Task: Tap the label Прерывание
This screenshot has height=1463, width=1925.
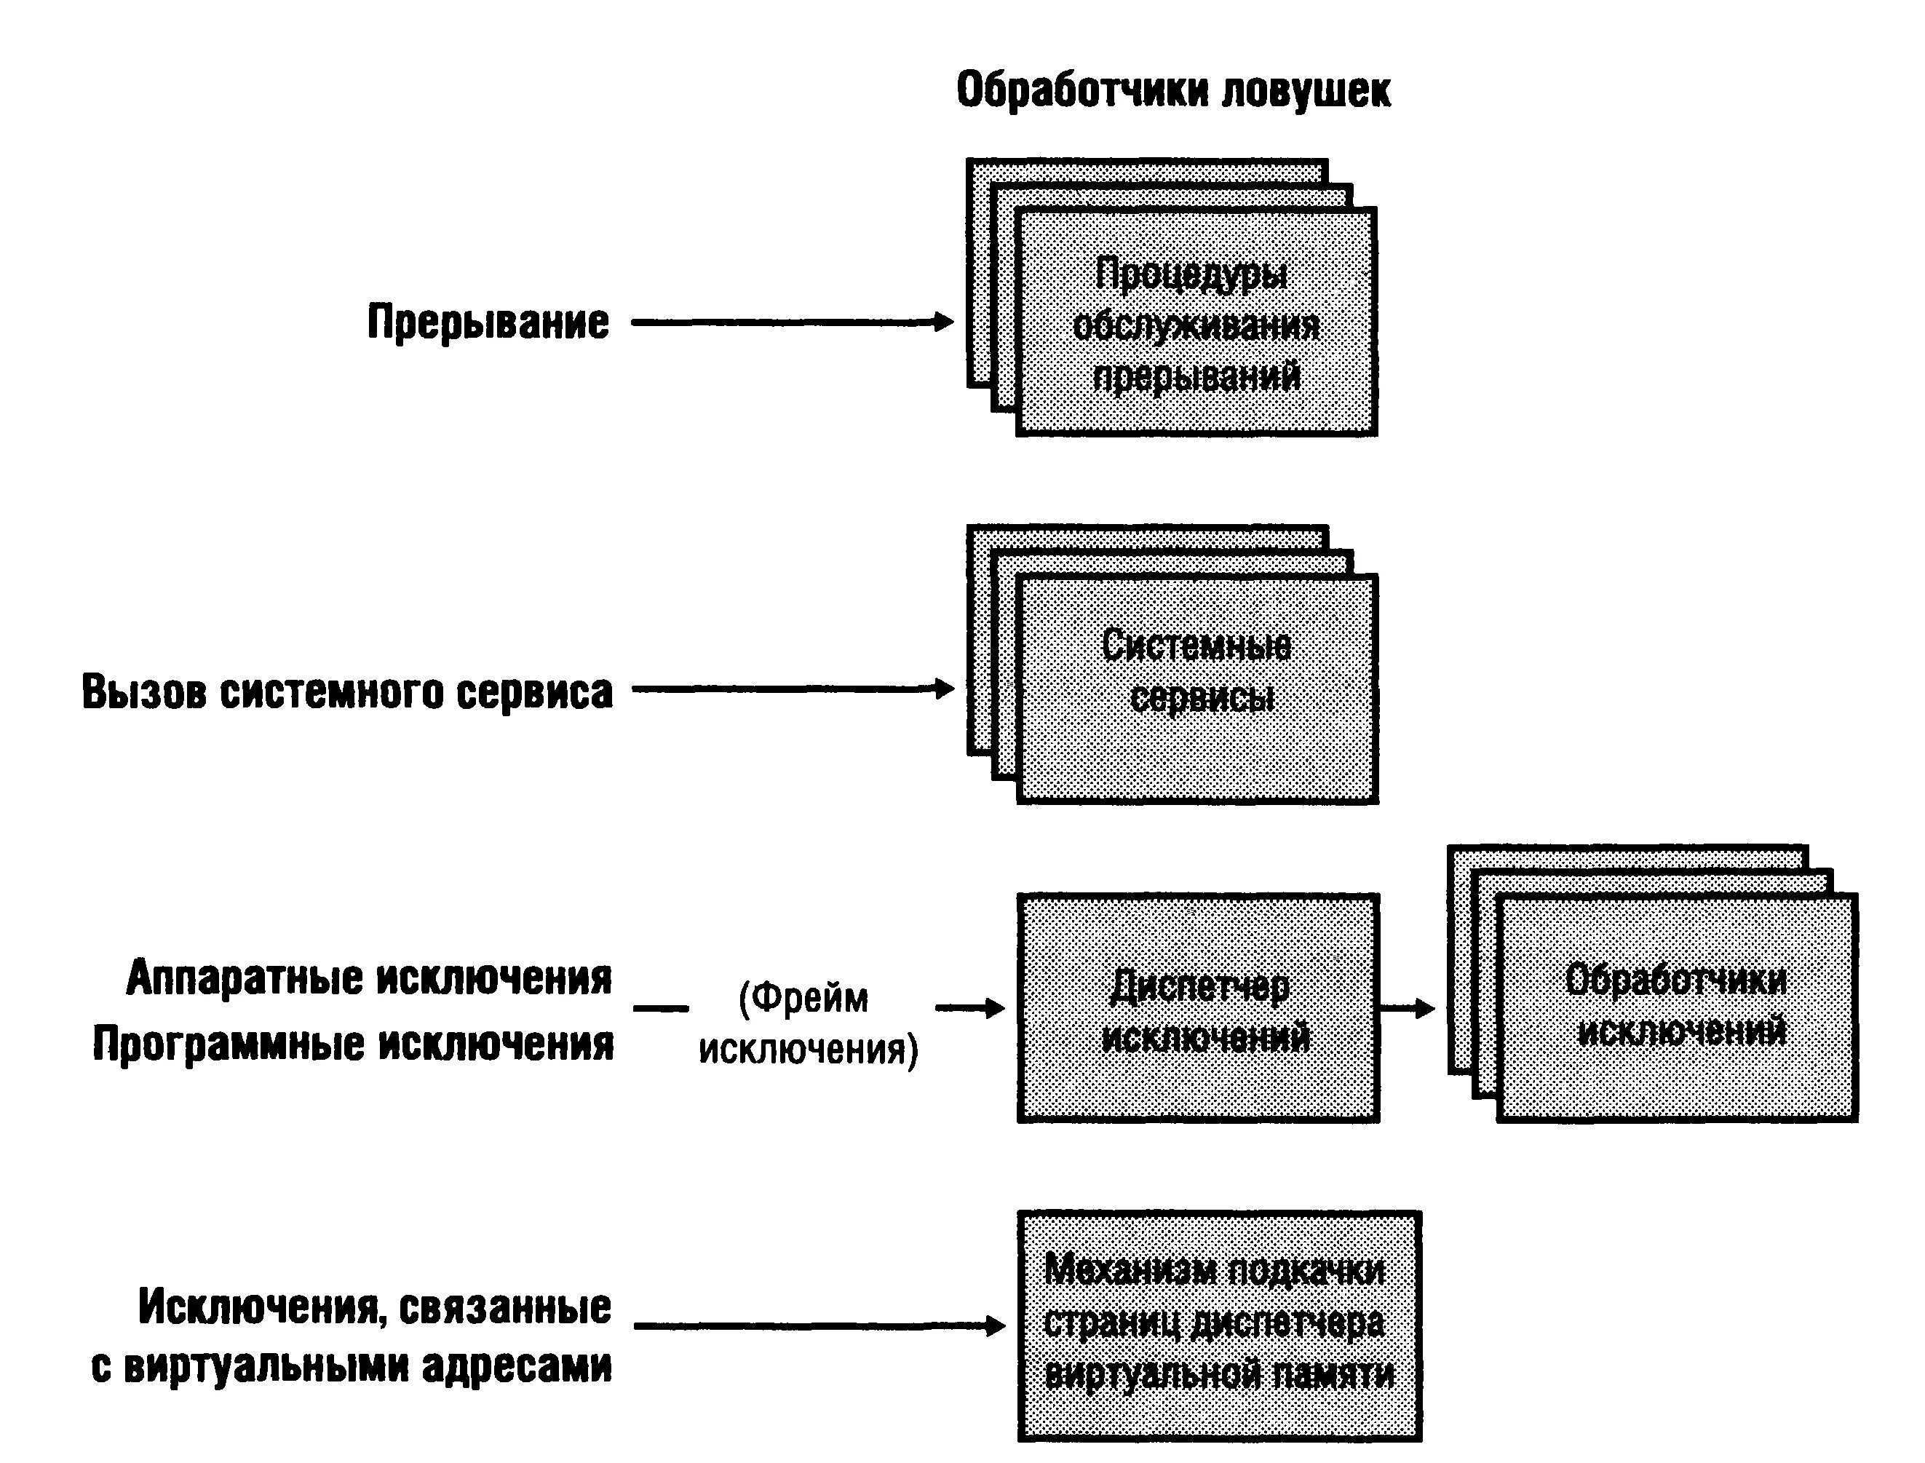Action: click(x=488, y=322)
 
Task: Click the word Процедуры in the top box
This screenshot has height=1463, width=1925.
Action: click(x=1191, y=274)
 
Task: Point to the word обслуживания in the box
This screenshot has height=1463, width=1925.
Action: click(x=1196, y=327)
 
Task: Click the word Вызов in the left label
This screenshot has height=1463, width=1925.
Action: click(x=145, y=691)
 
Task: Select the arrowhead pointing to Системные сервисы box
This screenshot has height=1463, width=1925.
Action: click(x=945, y=689)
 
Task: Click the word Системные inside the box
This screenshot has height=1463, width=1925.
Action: click(x=1196, y=646)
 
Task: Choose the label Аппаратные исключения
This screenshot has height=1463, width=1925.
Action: click(x=368, y=978)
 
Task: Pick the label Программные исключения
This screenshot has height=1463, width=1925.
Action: click(x=352, y=1043)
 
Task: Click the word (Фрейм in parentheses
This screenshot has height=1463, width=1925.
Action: click(x=803, y=998)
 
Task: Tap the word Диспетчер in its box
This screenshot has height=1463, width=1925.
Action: click(x=1199, y=988)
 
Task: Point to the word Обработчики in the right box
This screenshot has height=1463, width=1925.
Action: click(x=1675, y=980)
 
